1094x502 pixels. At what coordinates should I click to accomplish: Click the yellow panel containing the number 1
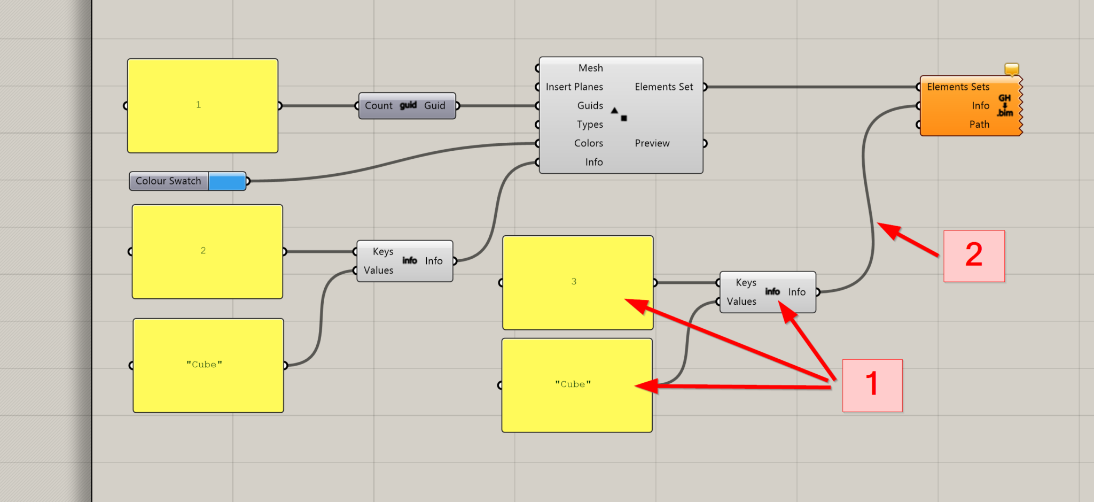[x=202, y=105]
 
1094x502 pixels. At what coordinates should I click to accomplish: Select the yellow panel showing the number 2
[x=207, y=251]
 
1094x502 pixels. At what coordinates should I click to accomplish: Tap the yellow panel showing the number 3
[x=577, y=282]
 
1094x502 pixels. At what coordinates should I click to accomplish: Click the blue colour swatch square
[x=227, y=181]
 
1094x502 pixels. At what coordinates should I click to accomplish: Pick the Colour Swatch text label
[x=168, y=181]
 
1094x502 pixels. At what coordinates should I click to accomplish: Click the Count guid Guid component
[x=407, y=106]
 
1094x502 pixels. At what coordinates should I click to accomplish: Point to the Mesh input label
[x=590, y=68]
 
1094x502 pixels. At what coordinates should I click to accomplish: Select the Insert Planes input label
[x=574, y=87]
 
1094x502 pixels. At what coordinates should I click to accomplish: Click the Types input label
[x=590, y=125]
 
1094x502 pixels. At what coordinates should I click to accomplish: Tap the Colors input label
[x=588, y=143]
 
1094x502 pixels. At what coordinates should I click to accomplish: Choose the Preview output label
[x=652, y=143]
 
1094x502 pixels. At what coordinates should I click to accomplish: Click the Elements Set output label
[x=663, y=87]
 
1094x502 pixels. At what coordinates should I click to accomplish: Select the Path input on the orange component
[x=979, y=125]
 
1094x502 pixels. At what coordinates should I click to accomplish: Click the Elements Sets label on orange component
[x=958, y=87]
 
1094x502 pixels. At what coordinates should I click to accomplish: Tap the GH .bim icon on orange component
[x=1005, y=105]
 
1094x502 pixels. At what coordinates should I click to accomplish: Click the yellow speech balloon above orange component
[x=1012, y=69]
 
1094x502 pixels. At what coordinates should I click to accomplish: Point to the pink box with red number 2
[x=974, y=256]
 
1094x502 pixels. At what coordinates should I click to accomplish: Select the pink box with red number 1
[x=872, y=385]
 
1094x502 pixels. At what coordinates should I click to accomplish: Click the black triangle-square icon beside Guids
[x=619, y=114]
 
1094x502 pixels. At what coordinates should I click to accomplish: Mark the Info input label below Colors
[x=593, y=162]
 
